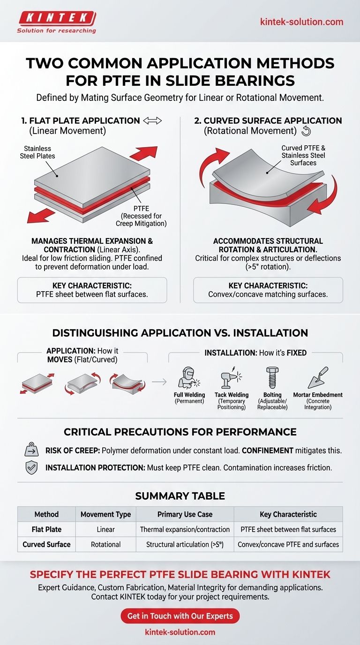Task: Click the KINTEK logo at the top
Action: click(56, 22)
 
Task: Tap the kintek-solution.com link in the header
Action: click(301, 22)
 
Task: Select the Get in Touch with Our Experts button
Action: click(180, 616)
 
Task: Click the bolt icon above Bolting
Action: click(272, 377)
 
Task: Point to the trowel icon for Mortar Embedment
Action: click(318, 377)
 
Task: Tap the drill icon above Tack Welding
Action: click(231, 378)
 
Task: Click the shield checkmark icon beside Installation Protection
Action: click(31, 468)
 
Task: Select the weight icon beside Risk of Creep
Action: click(31, 450)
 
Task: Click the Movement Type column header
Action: click(105, 514)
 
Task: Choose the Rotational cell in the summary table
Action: click(105, 544)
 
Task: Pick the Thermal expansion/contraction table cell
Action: click(185, 529)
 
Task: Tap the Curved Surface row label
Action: click(47, 544)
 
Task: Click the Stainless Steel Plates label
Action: click(37, 152)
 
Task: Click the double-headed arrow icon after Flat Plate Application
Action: click(152, 120)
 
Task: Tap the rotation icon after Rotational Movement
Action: click(306, 131)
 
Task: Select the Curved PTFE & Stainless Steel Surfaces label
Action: click(303, 155)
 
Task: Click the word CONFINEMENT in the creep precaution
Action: click(268, 450)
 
